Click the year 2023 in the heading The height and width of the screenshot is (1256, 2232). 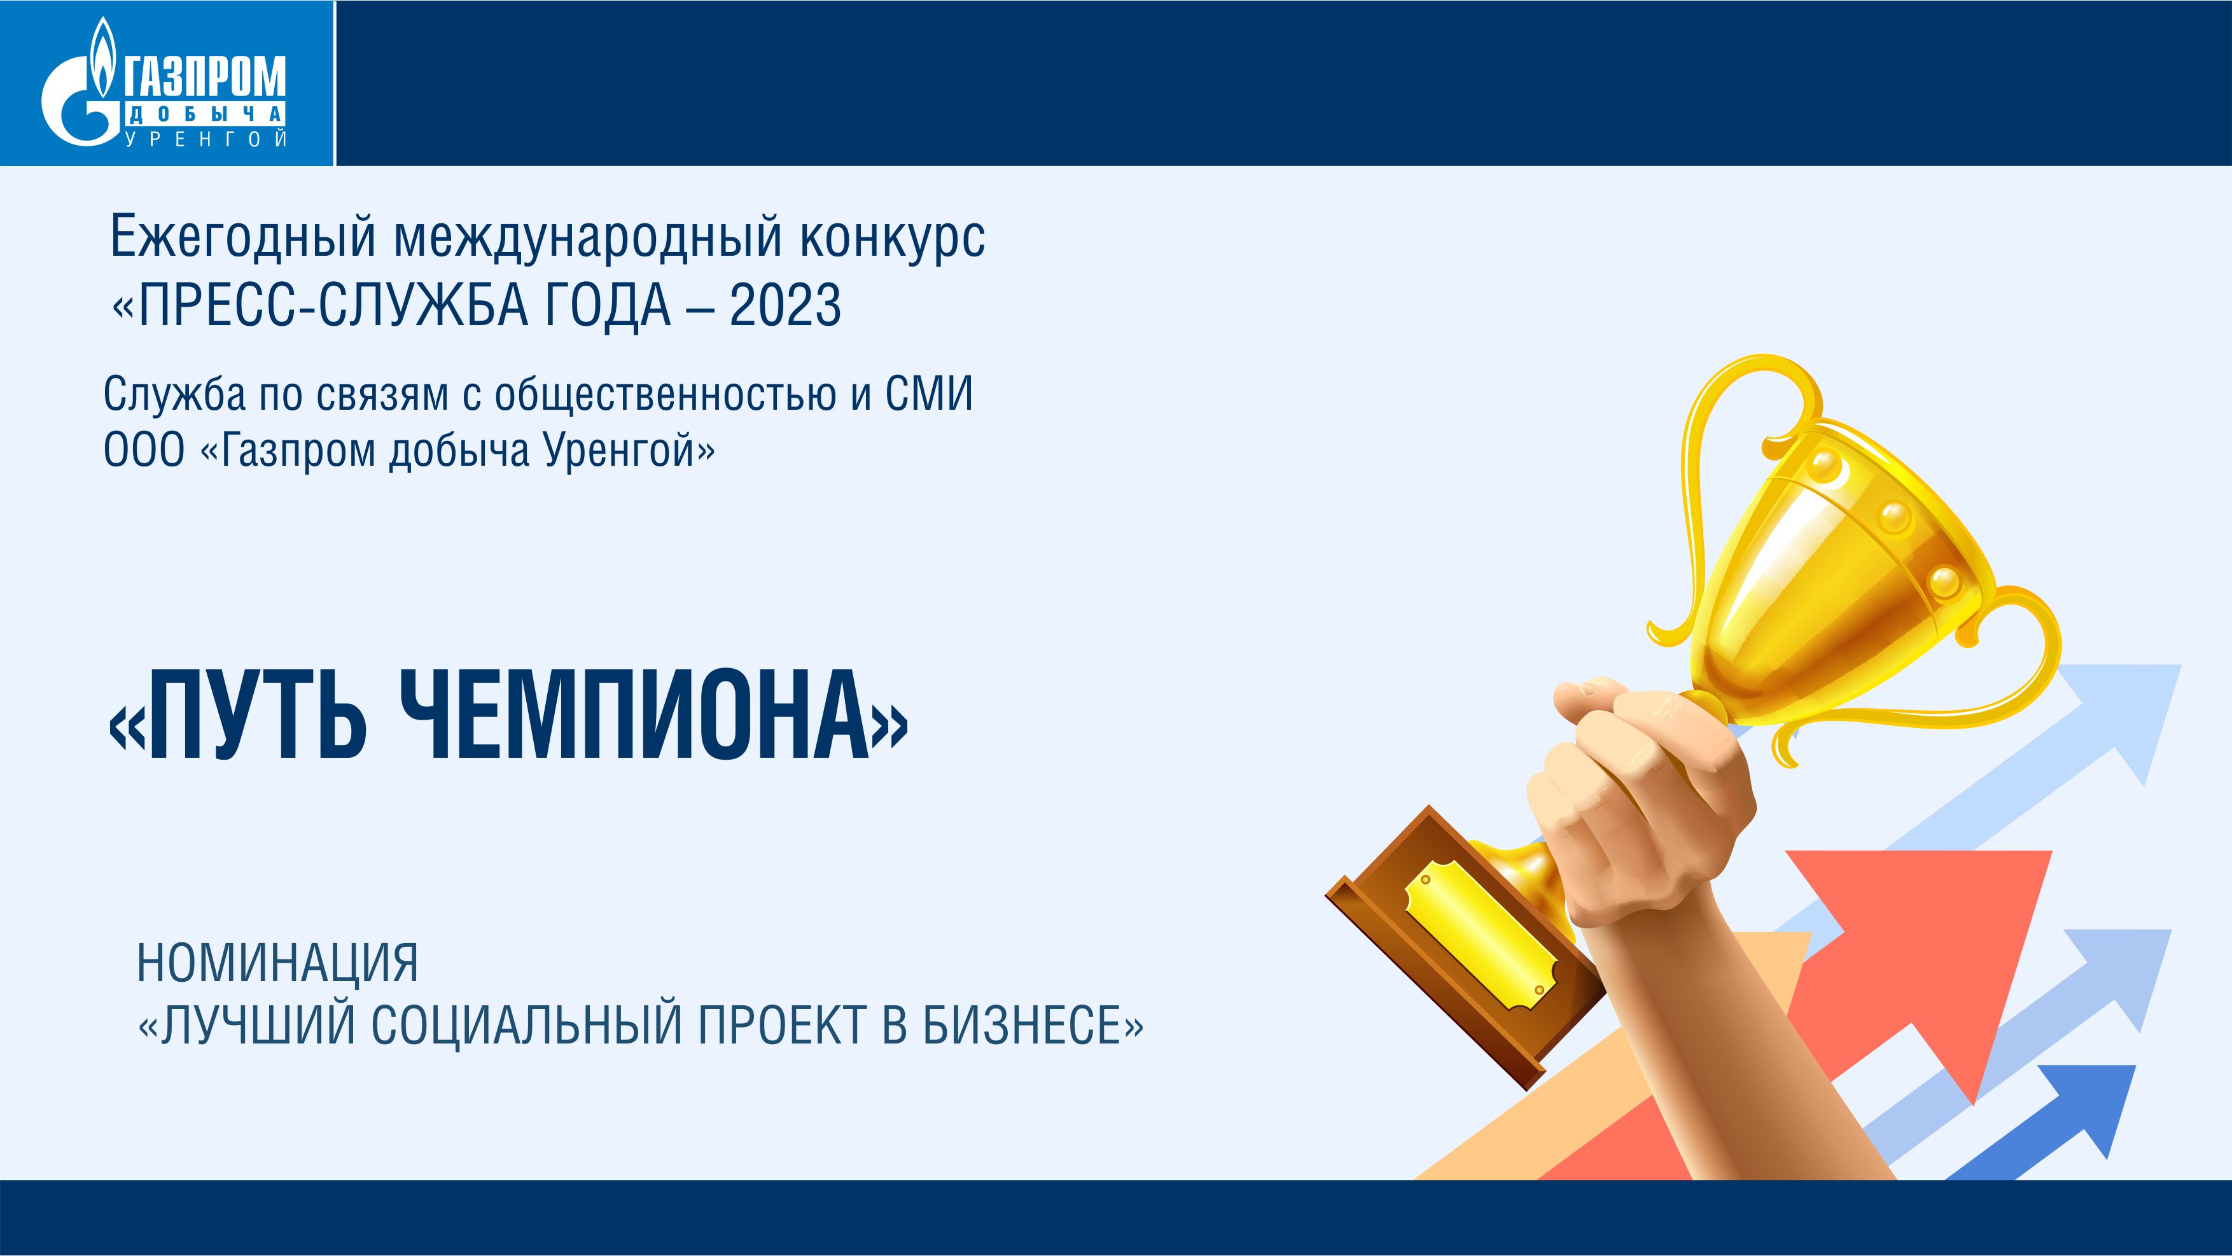coord(785,305)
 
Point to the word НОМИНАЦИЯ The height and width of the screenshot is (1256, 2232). coord(277,963)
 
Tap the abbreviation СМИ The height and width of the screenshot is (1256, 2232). coord(929,394)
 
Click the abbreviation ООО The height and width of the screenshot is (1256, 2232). coord(144,450)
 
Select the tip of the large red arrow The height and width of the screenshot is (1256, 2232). coord(2052,851)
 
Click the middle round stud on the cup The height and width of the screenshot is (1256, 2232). coord(1894,517)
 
